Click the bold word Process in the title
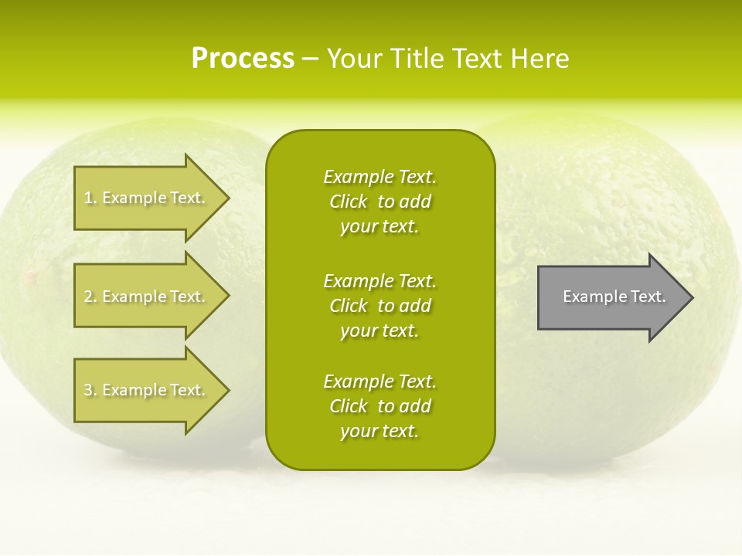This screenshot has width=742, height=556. [x=243, y=59]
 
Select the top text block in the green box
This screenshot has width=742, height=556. [x=380, y=202]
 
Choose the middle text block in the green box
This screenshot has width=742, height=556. [x=380, y=306]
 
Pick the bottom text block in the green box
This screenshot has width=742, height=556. [x=380, y=406]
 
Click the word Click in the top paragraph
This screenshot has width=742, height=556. [x=349, y=202]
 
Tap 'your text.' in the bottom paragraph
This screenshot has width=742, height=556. [x=380, y=431]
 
